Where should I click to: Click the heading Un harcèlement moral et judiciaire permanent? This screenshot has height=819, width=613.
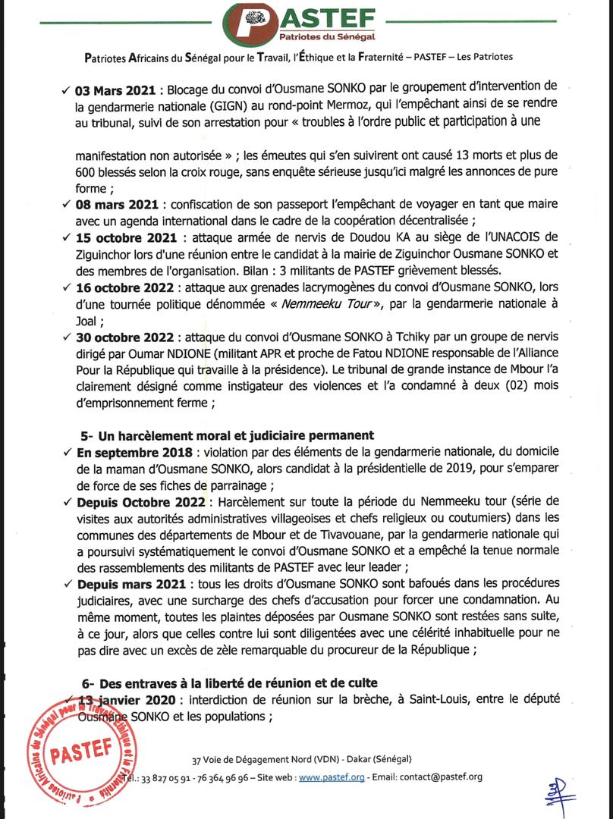pyautogui.click(x=227, y=435)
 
